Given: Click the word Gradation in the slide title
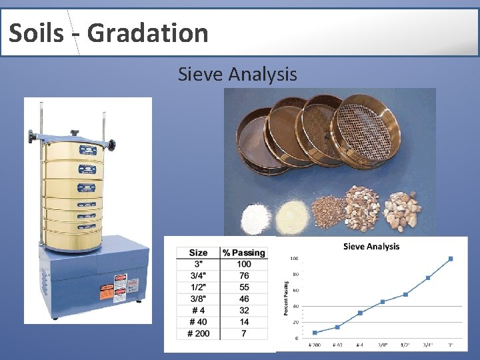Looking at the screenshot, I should pyautogui.click(x=147, y=33).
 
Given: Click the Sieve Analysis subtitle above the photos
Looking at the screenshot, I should pyautogui.click(x=237, y=74).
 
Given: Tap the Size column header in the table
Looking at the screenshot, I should pyautogui.click(x=198, y=253).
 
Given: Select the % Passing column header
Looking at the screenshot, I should pyautogui.click(x=244, y=253).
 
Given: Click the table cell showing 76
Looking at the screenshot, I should pyautogui.click(x=244, y=276).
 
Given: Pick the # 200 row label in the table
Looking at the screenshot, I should pyautogui.click(x=198, y=333).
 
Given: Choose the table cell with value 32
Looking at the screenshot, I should pyautogui.click(x=244, y=310).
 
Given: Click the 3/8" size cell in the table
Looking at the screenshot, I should pyautogui.click(x=198, y=299).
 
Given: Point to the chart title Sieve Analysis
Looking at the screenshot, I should pyautogui.click(x=371, y=247).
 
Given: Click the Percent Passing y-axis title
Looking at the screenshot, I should pyautogui.click(x=286, y=297).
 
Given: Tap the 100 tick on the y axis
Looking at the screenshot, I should pyautogui.click(x=294, y=259).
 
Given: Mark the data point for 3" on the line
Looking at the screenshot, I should pyautogui.click(x=451, y=259).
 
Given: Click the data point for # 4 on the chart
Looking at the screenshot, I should pyautogui.click(x=360, y=313).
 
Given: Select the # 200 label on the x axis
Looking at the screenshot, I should pyautogui.click(x=315, y=345).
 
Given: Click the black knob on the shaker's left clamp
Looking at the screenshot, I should pyautogui.click(x=31, y=137).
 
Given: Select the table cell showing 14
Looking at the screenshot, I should pyautogui.click(x=244, y=322).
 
